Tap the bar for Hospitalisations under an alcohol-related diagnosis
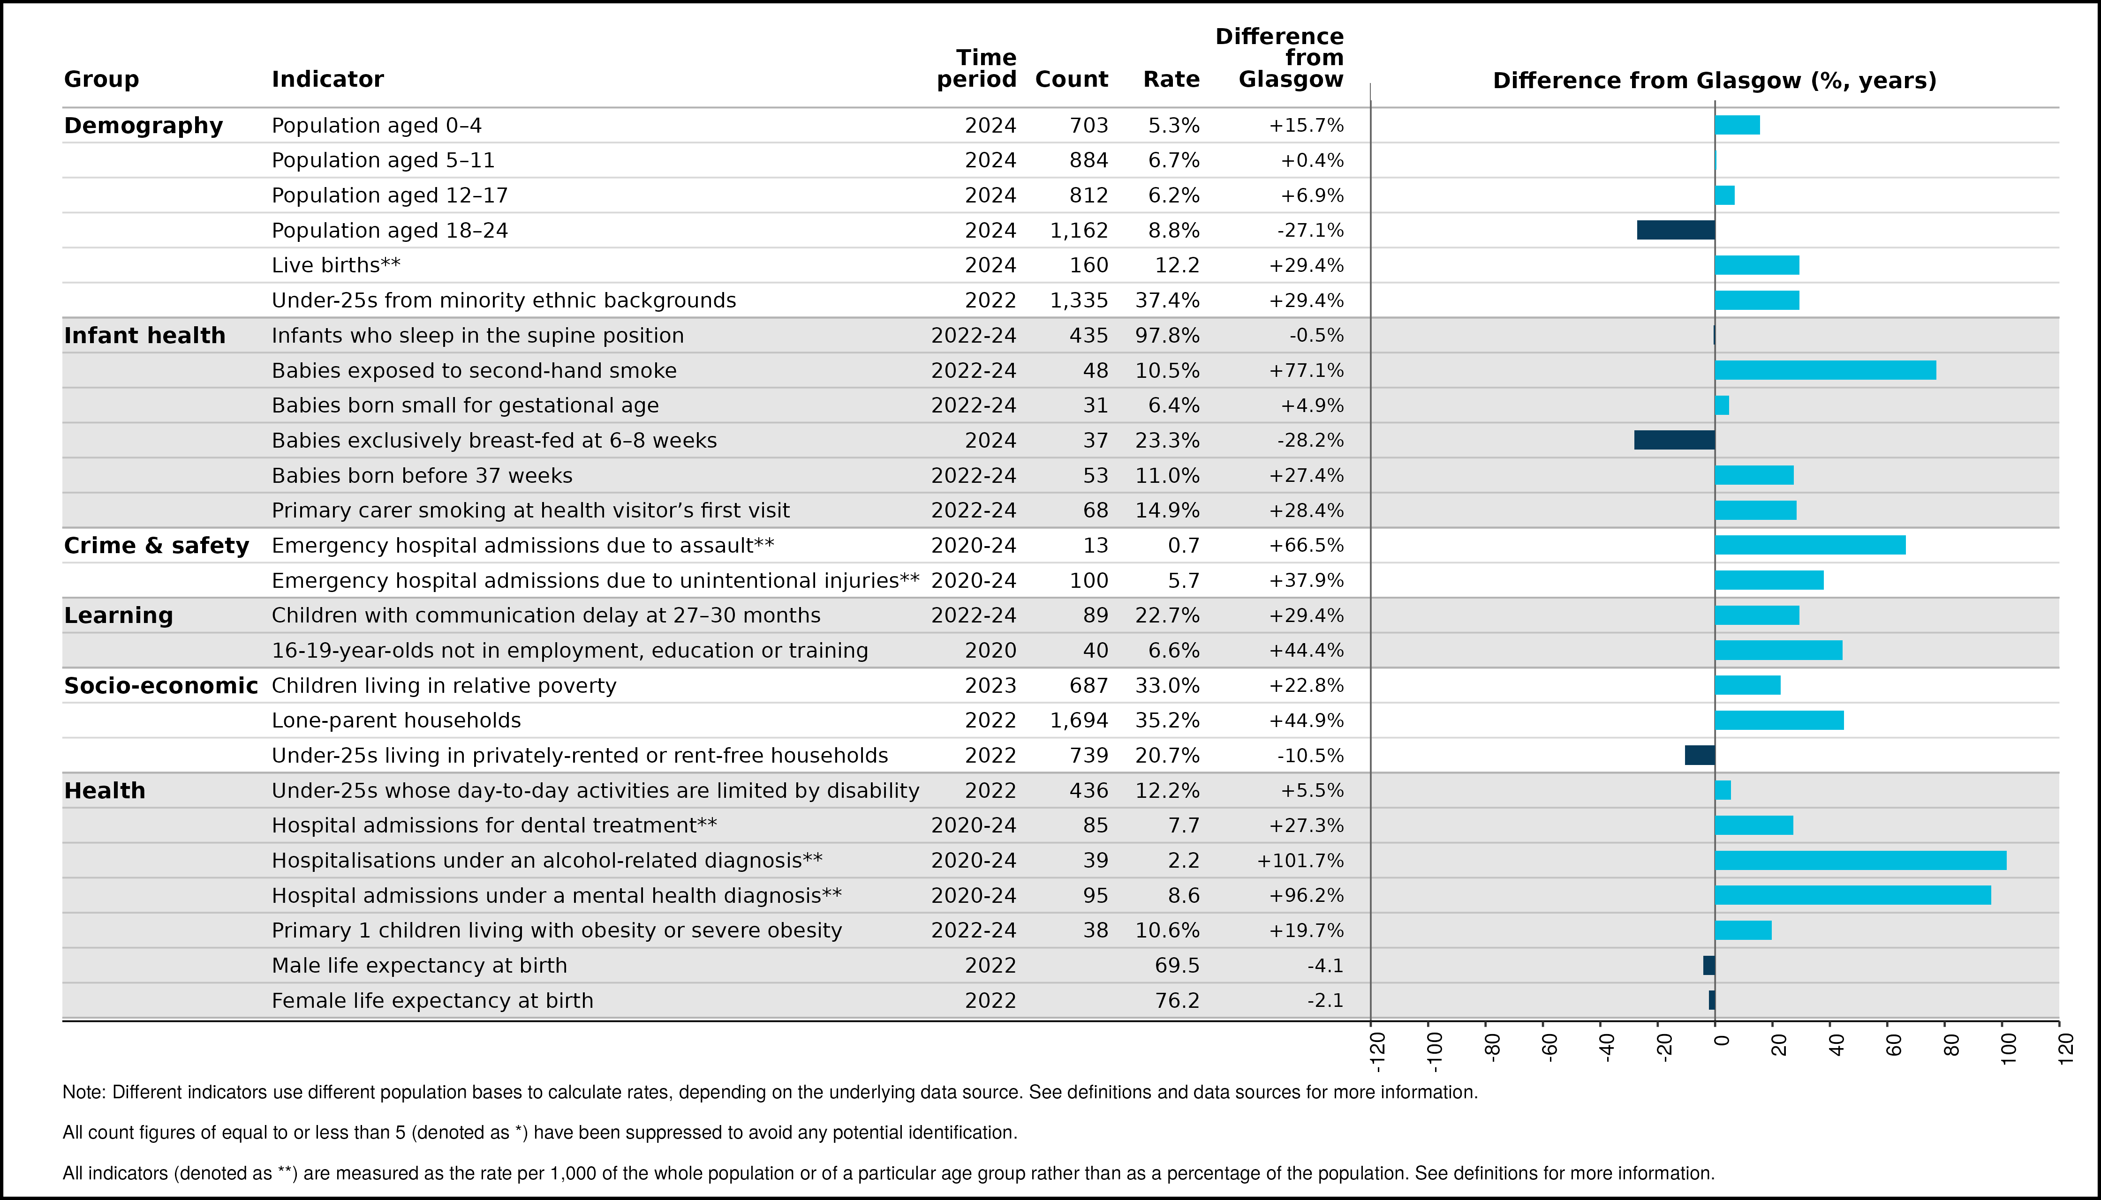click(1860, 861)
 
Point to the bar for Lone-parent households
click(1779, 720)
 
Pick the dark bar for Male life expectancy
click(1709, 965)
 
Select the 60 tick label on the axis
click(1894, 1045)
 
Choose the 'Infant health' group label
click(144, 336)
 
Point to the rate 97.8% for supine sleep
click(1168, 336)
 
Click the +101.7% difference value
click(1300, 861)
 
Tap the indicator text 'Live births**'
click(336, 265)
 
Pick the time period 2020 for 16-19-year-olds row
click(990, 650)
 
